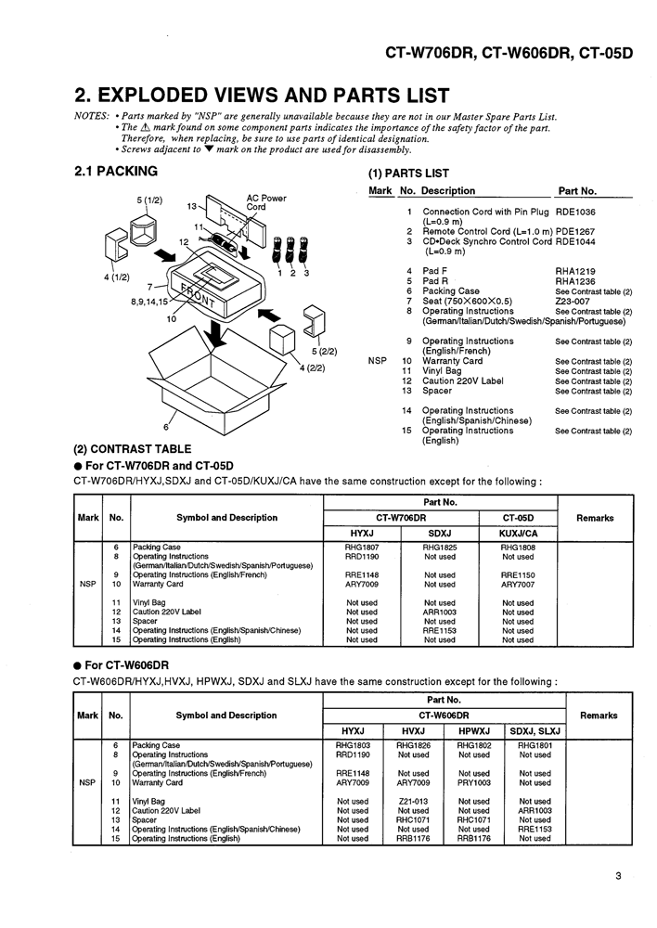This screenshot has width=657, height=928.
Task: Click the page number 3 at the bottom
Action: pyautogui.click(x=617, y=872)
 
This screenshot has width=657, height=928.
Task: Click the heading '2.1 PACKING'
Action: pyautogui.click(x=116, y=171)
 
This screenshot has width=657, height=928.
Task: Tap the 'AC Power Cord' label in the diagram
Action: pyautogui.click(x=266, y=202)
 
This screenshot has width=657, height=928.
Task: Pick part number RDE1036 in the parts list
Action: pyautogui.click(x=575, y=212)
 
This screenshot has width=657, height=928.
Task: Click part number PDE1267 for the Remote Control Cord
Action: pyautogui.click(x=575, y=231)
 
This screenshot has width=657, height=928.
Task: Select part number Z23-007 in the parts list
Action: pyautogui.click(x=573, y=302)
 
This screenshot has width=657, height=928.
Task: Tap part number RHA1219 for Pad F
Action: pyautogui.click(x=575, y=271)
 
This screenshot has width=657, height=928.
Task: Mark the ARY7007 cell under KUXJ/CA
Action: pyautogui.click(x=517, y=585)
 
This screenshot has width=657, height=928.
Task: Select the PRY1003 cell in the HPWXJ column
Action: pyautogui.click(x=474, y=782)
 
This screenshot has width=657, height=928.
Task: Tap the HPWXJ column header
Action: pyautogui.click(x=474, y=730)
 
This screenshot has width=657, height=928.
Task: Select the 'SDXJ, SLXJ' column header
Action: pyautogui.click(x=535, y=730)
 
